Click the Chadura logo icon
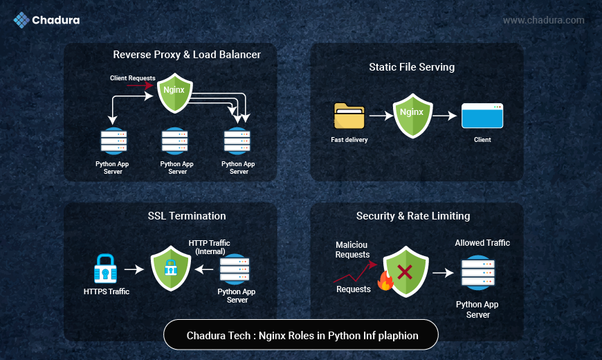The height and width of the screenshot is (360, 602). point(21,20)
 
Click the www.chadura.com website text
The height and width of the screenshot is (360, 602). point(543,20)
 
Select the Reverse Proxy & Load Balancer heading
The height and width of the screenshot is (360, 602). point(187,54)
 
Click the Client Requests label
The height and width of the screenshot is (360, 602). point(132,78)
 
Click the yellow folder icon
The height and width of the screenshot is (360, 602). point(349,116)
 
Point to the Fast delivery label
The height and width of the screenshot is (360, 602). point(349,140)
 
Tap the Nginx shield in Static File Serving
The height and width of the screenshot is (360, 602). point(412,115)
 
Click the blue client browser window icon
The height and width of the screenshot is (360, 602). point(482,116)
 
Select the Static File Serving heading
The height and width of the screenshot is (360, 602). point(412,67)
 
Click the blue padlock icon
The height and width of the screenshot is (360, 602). point(106,269)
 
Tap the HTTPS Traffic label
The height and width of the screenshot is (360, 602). point(106,291)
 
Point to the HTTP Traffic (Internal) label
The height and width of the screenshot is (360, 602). point(210,247)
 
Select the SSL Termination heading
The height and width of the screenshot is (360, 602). point(187,216)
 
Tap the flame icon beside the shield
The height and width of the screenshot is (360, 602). point(384,280)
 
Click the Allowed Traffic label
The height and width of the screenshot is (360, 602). point(482,243)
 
